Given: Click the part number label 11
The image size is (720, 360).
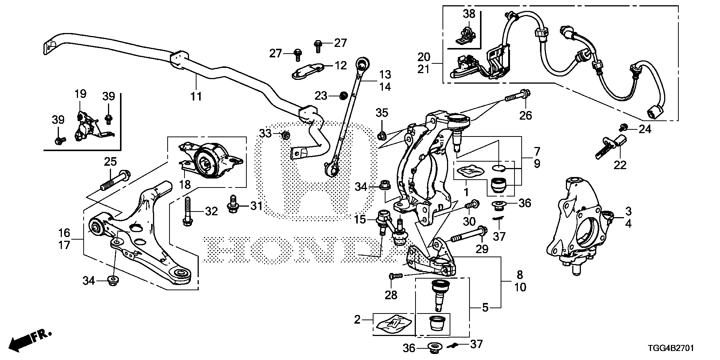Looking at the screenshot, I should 196,96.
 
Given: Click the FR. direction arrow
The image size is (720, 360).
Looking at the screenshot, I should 30,339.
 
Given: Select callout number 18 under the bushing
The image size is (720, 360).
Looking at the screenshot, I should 185,184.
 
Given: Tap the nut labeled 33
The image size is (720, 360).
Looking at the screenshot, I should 285,135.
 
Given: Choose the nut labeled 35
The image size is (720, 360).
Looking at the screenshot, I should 382,134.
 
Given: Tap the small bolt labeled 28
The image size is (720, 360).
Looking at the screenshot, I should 395,276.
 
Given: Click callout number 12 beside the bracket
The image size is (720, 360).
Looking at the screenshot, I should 341,66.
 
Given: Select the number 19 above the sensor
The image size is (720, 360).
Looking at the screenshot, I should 80,94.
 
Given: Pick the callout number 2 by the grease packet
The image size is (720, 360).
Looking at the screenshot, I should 357,320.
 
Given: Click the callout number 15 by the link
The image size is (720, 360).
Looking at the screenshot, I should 360,220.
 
